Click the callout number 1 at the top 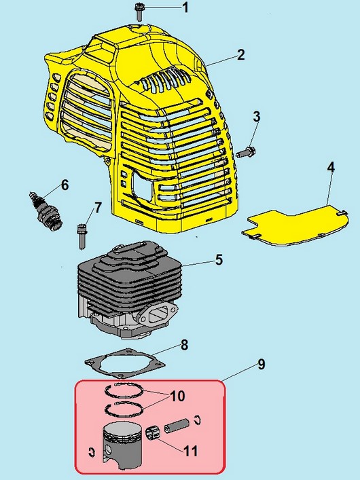pos(185,7)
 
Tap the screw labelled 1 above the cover pos(139,12)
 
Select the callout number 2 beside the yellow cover pos(241,55)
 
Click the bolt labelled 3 pos(246,151)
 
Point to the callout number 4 pos(331,168)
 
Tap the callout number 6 pos(65,185)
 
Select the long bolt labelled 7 pos(82,236)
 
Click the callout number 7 pos(98,208)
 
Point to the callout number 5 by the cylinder pos(219,259)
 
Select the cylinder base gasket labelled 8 pos(125,363)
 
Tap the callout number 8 pos(184,345)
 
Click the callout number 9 pos(261,365)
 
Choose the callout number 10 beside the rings pos(177,396)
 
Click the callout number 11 pos(190,451)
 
